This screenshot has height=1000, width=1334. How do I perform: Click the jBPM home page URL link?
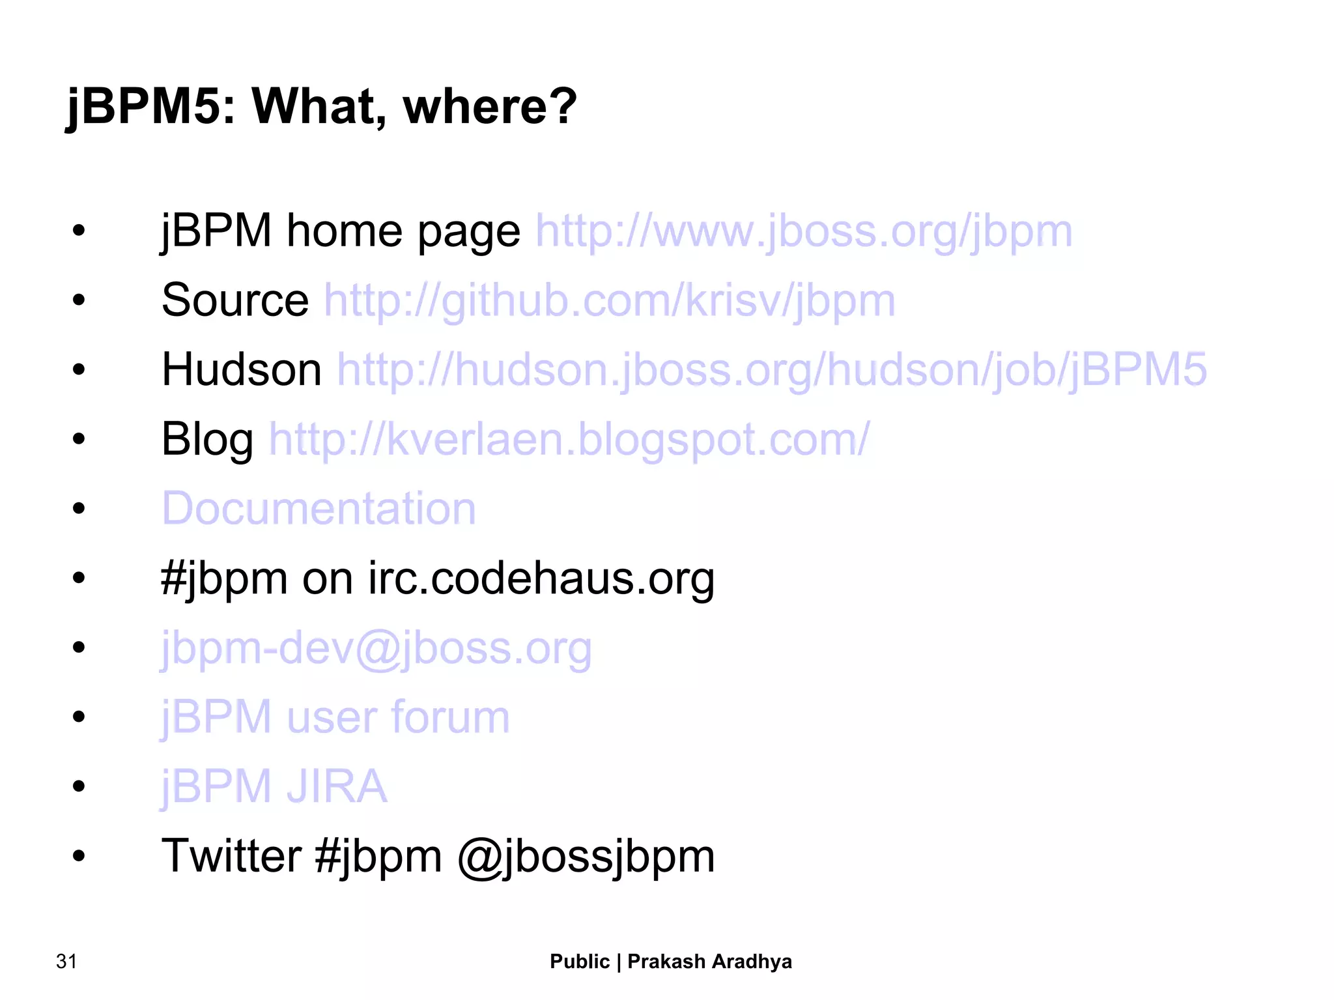pos(803,231)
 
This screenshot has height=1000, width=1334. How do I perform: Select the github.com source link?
pos(610,301)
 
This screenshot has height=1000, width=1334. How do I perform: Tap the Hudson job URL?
pos(772,370)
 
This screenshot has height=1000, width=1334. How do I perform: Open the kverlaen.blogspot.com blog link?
pos(569,440)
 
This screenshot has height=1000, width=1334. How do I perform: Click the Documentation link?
pos(319,508)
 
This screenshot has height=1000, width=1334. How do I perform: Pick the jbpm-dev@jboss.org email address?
pos(376,648)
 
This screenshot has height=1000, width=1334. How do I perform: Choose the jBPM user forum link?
pos(335,717)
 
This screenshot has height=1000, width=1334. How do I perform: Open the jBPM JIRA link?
pos(274,786)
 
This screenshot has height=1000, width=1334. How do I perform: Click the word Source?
pos(235,301)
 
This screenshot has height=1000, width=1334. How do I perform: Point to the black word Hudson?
pos(242,370)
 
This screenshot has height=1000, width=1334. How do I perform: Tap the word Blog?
pos(207,440)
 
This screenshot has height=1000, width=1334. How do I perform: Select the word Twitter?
pos(231,855)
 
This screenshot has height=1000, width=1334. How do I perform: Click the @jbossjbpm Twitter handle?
pos(586,857)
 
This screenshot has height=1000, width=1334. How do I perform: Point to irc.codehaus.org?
pos(541,579)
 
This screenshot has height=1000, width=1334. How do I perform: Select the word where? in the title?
pos(490,106)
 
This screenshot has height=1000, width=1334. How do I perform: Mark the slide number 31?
pos(66,962)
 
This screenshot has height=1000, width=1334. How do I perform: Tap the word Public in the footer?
pos(580,962)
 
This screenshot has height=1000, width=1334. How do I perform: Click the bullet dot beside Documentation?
pos(79,508)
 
